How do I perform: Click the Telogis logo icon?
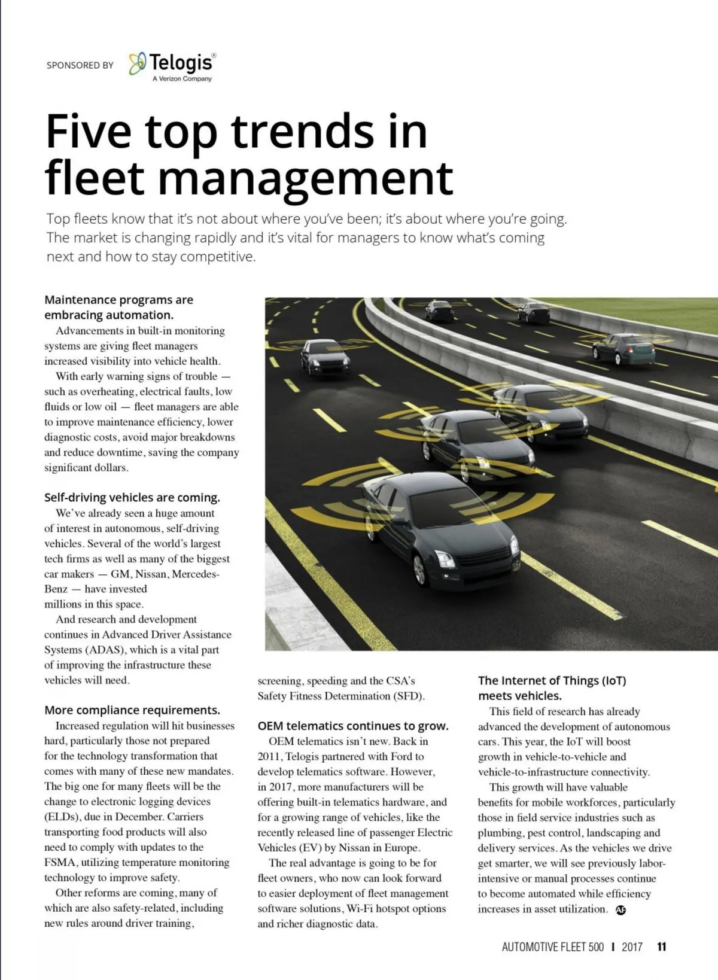(x=138, y=63)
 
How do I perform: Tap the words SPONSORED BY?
(x=80, y=65)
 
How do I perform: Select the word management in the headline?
(x=305, y=178)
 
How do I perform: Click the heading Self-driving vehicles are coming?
(x=132, y=498)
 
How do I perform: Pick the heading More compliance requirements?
(x=132, y=710)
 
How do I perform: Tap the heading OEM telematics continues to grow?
(x=353, y=726)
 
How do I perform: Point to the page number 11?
(x=661, y=946)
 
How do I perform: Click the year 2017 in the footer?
(x=632, y=946)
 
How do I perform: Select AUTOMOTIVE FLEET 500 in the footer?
(x=553, y=946)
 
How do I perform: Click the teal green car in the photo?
(x=623, y=349)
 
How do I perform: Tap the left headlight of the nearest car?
(x=444, y=559)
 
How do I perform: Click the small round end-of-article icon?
(x=620, y=910)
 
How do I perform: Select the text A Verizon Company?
(x=182, y=79)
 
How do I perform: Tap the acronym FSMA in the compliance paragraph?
(x=60, y=862)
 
